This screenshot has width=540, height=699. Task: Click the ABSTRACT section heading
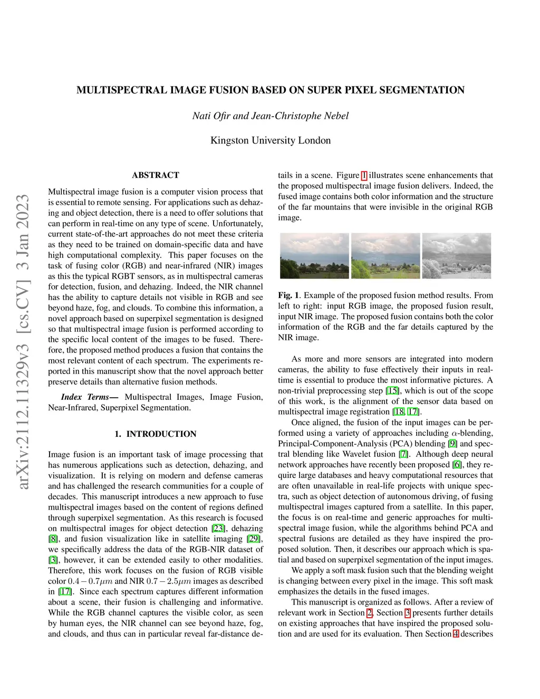(156, 175)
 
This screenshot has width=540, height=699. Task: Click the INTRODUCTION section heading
(156, 434)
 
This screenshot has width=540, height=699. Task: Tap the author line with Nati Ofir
(270, 116)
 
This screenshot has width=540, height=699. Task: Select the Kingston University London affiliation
(270, 140)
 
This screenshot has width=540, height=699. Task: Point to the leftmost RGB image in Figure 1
(314, 256)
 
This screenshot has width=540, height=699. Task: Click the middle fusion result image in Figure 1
(385, 256)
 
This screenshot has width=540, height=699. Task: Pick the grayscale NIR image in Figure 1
(457, 256)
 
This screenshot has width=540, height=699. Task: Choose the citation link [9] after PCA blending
(452, 444)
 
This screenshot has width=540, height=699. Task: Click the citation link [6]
(457, 465)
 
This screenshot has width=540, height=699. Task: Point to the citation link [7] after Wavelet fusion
(403, 454)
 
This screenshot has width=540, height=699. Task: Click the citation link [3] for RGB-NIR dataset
(53, 560)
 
